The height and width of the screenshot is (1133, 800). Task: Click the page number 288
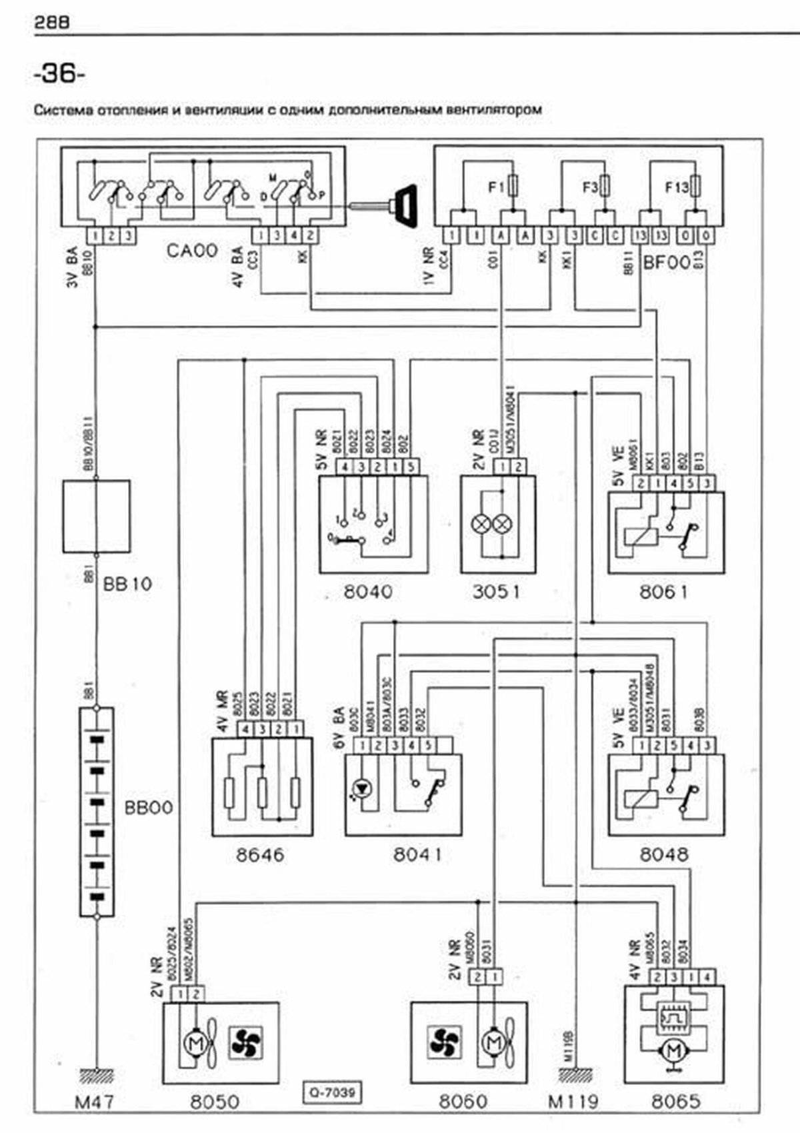pyautogui.click(x=51, y=23)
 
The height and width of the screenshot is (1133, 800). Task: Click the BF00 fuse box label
pyautogui.click(x=666, y=263)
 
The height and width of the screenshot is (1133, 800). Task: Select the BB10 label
pyautogui.click(x=127, y=584)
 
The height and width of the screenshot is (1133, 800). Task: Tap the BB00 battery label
pyautogui.click(x=148, y=808)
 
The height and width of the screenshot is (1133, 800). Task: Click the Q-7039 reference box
pyautogui.click(x=331, y=1092)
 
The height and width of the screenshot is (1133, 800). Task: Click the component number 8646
pyautogui.click(x=260, y=855)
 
